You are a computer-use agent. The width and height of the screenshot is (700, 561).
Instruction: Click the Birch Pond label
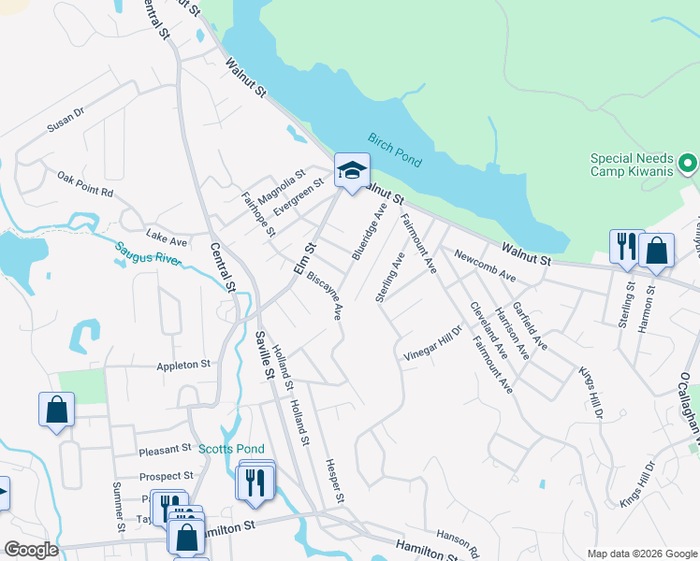click(x=394, y=150)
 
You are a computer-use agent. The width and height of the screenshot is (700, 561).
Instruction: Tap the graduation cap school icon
click(x=352, y=171)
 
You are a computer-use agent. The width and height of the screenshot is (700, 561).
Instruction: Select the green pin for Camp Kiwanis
click(x=689, y=165)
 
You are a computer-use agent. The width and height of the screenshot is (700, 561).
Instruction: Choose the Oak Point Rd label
click(x=84, y=184)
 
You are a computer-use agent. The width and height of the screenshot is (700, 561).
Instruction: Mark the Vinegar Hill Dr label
click(x=433, y=343)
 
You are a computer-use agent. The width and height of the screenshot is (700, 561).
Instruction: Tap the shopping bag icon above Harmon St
click(x=656, y=251)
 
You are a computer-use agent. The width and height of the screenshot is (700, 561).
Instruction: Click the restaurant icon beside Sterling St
click(x=626, y=247)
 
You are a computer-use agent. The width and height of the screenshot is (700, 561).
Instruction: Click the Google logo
click(x=31, y=550)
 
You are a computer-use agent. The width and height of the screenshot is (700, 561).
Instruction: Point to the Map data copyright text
click(x=641, y=554)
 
